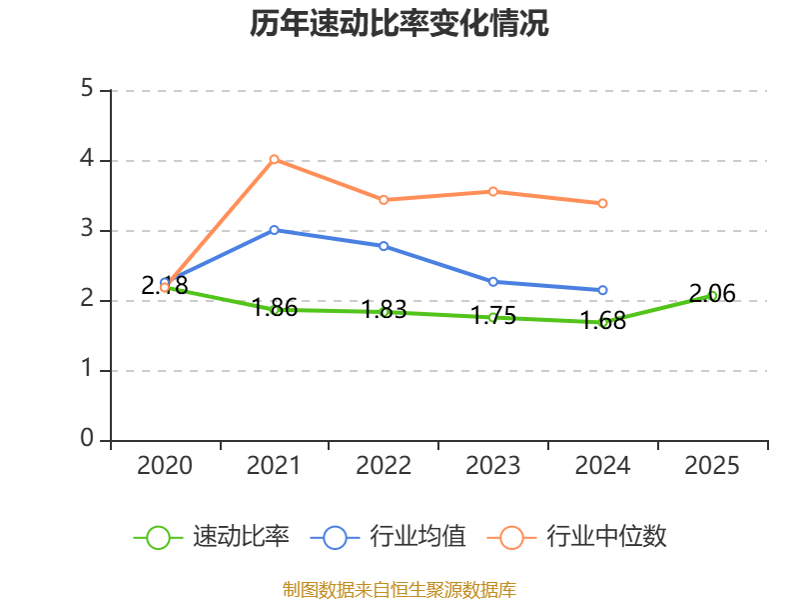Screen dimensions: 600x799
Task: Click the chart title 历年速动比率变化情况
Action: click(x=399, y=24)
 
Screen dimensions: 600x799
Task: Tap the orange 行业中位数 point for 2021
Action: click(x=274, y=159)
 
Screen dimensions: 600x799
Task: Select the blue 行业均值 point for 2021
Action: click(x=274, y=230)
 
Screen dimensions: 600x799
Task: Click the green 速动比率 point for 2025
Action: click(x=713, y=295)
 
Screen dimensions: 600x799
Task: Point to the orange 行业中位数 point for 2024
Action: click(x=603, y=203)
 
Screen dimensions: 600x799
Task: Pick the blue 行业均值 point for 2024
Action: click(x=603, y=290)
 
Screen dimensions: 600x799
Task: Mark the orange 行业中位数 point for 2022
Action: click(x=384, y=200)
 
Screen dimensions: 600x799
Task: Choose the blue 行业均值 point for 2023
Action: click(x=493, y=282)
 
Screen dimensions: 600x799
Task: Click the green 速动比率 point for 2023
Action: click(x=493, y=317)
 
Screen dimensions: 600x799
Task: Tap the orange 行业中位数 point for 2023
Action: click(x=493, y=191)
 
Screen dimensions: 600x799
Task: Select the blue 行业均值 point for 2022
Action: click(x=384, y=246)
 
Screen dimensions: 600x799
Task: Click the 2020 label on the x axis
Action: click(x=165, y=466)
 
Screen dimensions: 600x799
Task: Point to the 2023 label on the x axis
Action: click(x=493, y=466)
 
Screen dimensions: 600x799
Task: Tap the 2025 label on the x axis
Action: click(x=713, y=466)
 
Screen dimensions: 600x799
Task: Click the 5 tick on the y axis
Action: click(x=87, y=90)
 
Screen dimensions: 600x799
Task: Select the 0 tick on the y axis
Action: click(x=87, y=440)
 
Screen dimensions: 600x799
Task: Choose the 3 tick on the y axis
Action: click(x=87, y=230)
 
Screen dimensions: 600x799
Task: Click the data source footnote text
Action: click(x=399, y=589)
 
